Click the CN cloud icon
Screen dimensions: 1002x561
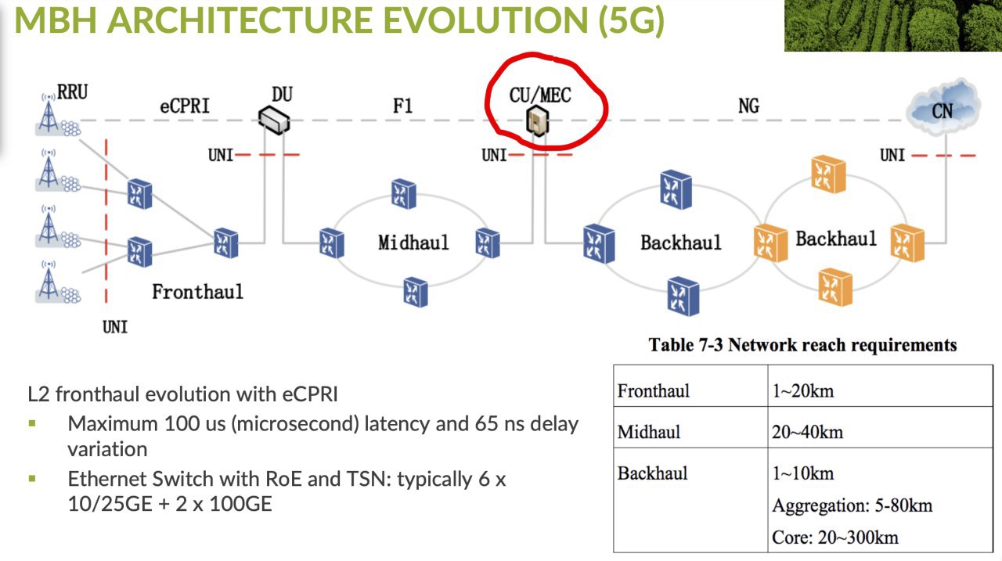pos(943,107)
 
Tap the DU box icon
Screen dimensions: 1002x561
pos(274,120)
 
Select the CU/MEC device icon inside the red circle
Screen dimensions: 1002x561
pos(537,120)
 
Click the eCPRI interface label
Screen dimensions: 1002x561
pos(185,106)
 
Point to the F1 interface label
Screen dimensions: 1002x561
pos(402,106)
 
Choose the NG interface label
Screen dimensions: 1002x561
pos(748,106)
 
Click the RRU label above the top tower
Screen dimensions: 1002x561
pos(73,92)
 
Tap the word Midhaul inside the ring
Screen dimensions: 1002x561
pos(413,243)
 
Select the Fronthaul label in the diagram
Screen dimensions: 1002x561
pos(198,292)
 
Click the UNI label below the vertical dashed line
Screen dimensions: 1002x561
pos(115,327)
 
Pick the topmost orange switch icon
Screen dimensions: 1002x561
pos(828,174)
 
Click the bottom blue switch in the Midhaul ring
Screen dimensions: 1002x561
pos(416,293)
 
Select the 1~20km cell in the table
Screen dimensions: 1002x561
pos(803,391)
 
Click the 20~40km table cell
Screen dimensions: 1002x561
pos(807,432)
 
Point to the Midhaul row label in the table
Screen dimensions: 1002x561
pos(649,432)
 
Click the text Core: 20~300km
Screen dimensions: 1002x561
pos(835,538)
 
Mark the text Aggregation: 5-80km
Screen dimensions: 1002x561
pos(852,505)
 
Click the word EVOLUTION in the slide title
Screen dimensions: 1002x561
pos(485,20)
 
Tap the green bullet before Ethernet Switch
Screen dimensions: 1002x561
pos(32,479)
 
